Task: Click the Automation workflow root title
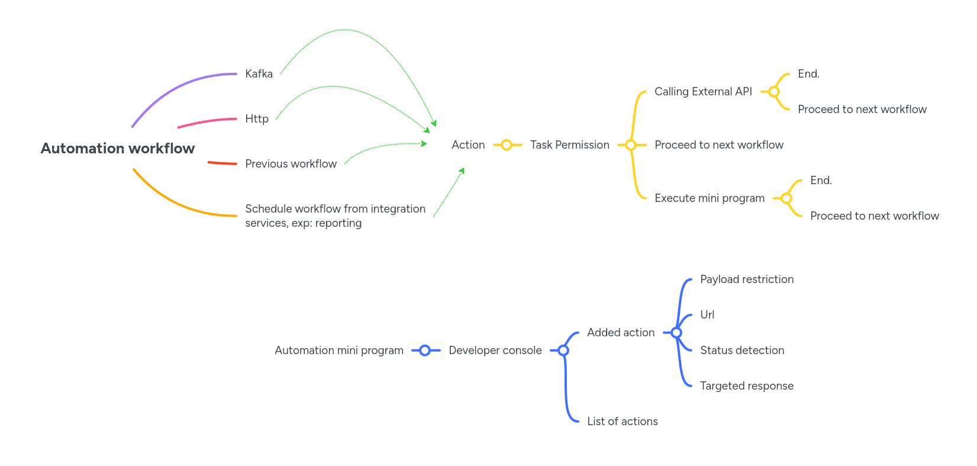click(117, 148)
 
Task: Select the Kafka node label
click(259, 74)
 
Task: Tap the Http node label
click(257, 119)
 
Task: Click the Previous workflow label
click(291, 164)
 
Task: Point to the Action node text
click(467, 145)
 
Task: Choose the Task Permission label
click(569, 145)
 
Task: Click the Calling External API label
click(703, 92)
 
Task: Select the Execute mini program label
click(709, 198)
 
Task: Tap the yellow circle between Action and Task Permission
click(506, 145)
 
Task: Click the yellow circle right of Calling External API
click(773, 92)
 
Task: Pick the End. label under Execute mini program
click(821, 181)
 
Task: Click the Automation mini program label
click(338, 351)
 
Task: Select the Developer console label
click(495, 351)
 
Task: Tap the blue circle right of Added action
click(676, 333)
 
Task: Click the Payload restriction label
click(746, 279)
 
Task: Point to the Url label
click(707, 315)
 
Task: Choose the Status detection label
click(741, 351)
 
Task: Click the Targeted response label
click(746, 386)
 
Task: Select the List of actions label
click(622, 422)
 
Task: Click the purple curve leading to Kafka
click(178, 86)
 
